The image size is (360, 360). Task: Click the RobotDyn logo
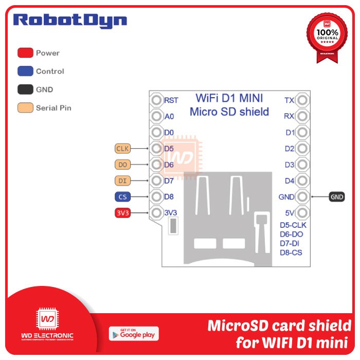pos(70,21)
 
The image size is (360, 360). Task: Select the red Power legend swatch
pos(26,53)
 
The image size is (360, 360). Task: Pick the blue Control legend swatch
pos(26,71)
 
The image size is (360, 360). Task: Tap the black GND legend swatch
pos(26,89)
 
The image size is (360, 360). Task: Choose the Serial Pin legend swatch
pos(26,108)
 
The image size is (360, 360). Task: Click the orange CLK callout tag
pos(122,149)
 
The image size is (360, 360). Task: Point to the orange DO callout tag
pos(122,165)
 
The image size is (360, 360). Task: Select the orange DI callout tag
pos(122,181)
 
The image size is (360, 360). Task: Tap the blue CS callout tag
pos(122,196)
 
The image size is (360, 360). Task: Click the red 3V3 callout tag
pos(122,212)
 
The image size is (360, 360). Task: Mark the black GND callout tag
pos(337,196)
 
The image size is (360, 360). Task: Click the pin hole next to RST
pos(156,100)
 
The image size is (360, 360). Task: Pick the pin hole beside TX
pos(303,100)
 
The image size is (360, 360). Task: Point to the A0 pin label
pos(169,117)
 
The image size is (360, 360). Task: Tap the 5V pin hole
pos(303,212)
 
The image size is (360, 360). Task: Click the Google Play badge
pos(134,333)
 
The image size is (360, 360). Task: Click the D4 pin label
pos(290,181)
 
